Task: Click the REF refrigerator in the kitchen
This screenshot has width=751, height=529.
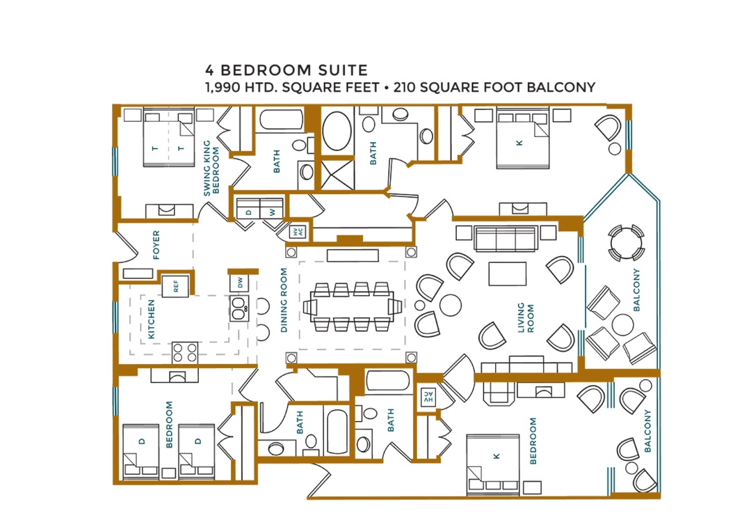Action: click(175, 286)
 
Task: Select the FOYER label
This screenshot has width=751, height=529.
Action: click(156, 245)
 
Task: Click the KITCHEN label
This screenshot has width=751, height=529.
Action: click(152, 319)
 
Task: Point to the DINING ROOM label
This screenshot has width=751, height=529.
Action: click(284, 300)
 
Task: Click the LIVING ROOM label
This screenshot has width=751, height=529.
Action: click(526, 317)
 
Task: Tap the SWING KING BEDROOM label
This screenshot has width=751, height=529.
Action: click(211, 168)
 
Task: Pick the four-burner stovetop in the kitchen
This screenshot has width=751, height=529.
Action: click(186, 352)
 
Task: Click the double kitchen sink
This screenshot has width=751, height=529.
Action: click(239, 308)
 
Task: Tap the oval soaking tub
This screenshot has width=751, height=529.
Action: click(337, 131)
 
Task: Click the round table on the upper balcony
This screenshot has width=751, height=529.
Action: click(626, 243)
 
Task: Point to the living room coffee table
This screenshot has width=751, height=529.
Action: click(507, 274)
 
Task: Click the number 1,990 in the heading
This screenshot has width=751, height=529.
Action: click(223, 88)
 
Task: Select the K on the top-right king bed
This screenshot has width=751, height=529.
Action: click(519, 143)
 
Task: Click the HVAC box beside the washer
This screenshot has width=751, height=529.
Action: click(298, 232)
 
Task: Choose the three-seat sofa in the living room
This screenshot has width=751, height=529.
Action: click(505, 238)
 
